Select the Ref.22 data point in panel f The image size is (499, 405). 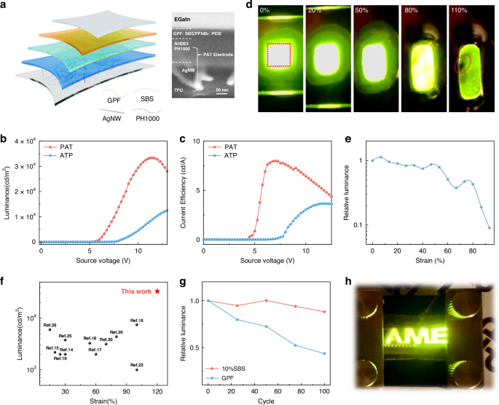pos(136,369)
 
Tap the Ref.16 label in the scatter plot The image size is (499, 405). pos(136,320)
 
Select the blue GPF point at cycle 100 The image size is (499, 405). pos(323,353)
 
